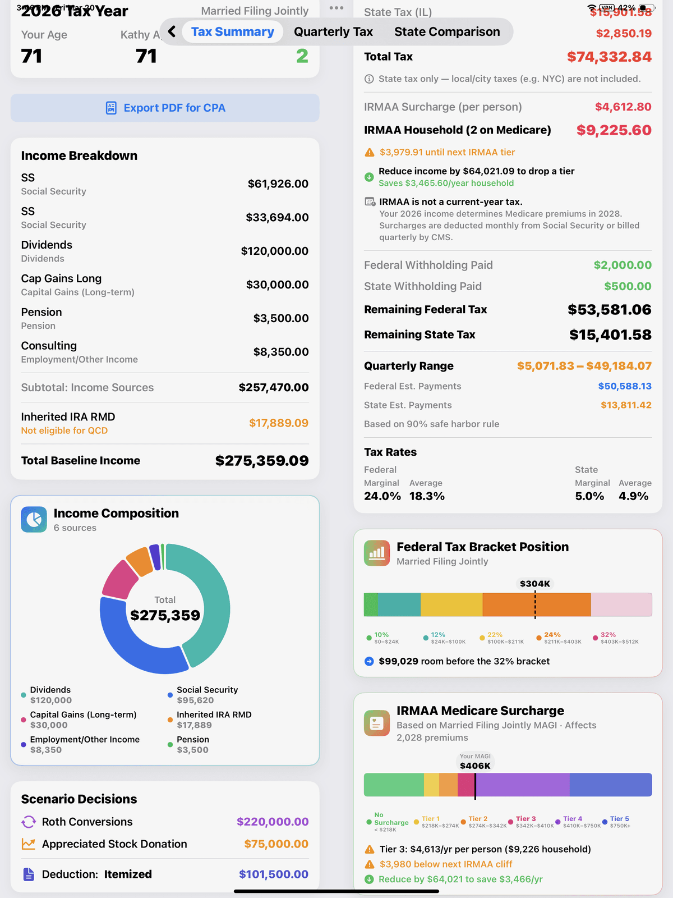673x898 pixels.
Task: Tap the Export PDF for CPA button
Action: click(x=165, y=108)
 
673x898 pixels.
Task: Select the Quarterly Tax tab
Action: click(x=333, y=32)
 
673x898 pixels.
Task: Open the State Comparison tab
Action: click(x=447, y=32)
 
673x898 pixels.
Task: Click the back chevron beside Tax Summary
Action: click(x=172, y=32)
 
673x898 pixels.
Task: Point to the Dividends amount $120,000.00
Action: click(x=274, y=251)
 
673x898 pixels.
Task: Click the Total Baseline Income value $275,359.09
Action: click(x=262, y=461)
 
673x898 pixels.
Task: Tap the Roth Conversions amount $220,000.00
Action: click(x=273, y=822)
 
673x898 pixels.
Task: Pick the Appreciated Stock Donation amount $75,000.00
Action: click(x=276, y=844)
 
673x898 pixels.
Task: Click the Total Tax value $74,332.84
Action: click(x=609, y=57)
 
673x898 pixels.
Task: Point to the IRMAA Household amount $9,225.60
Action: click(x=614, y=130)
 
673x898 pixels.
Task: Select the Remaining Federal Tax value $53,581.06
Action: click(x=609, y=310)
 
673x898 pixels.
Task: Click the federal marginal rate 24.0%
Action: click(x=382, y=496)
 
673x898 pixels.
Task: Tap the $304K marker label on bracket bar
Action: click(x=535, y=584)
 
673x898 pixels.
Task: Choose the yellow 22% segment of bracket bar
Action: click(x=451, y=604)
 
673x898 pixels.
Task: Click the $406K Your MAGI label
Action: click(x=475, y=766)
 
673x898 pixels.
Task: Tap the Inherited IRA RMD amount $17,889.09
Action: click(x=279, y=423)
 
